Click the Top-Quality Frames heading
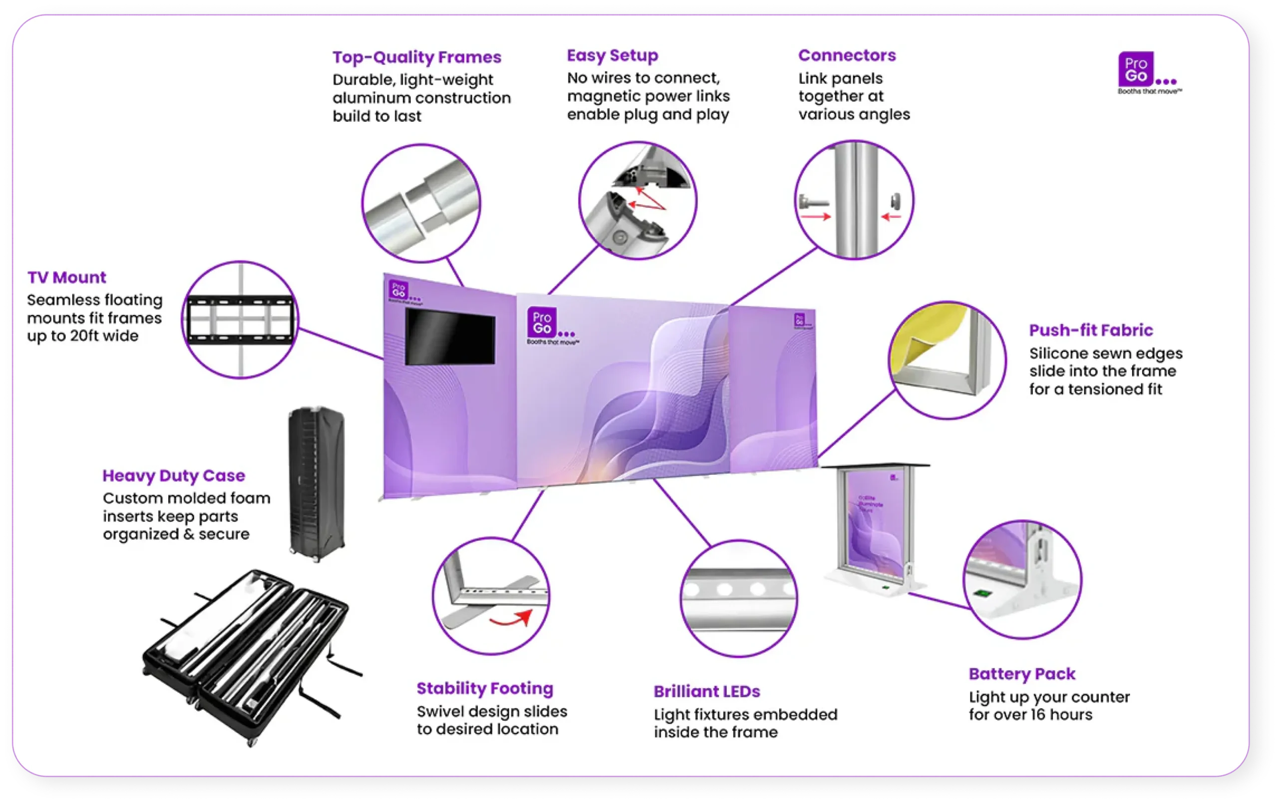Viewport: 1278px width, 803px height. click(x=417, y=57)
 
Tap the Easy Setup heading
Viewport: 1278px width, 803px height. click(x=612, y=55)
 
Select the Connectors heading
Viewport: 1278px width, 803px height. click(x=847, y=55)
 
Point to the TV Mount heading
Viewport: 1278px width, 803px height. click(x=67, y=277)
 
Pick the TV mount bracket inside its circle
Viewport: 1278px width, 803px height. click(x=240, y=320)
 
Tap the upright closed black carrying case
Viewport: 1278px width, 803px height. click(x=317, y=483)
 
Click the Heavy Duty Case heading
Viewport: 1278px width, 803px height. click(x=174, y=475)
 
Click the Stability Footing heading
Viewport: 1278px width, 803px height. click(x=485, y=688)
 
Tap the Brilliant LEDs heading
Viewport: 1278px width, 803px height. click(x=706, y=692)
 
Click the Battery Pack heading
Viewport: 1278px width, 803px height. click(x=1022, y=674)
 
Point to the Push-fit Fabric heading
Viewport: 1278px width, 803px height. click(x=1091, y=330)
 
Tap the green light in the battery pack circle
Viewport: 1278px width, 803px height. click(x=982, y=593)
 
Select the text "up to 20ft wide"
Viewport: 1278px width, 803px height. click(x=83, y=336)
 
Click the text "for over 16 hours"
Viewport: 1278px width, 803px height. click(x=1030, y=715)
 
